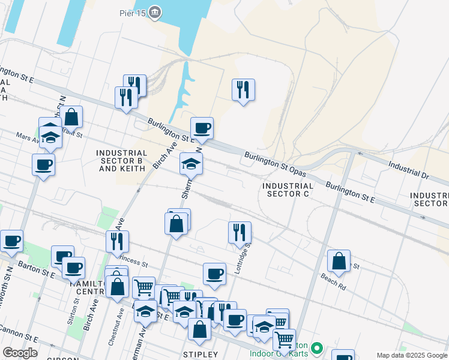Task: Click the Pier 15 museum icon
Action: point(155,13)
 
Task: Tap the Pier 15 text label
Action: point(134,12)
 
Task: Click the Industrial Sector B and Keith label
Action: point(122,161)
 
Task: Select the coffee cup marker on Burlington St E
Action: point(202,128)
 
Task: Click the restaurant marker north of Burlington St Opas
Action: point(243,90)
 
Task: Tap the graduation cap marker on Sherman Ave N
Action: point(191,164)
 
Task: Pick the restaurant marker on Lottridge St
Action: point(240,232)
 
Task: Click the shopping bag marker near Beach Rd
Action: point(339,261)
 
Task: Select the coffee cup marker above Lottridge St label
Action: point(214,274)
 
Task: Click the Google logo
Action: point(20,353)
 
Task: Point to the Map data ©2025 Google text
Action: point(411,355)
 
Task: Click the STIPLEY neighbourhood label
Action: point(199,355)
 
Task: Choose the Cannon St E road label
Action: point(18,333)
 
